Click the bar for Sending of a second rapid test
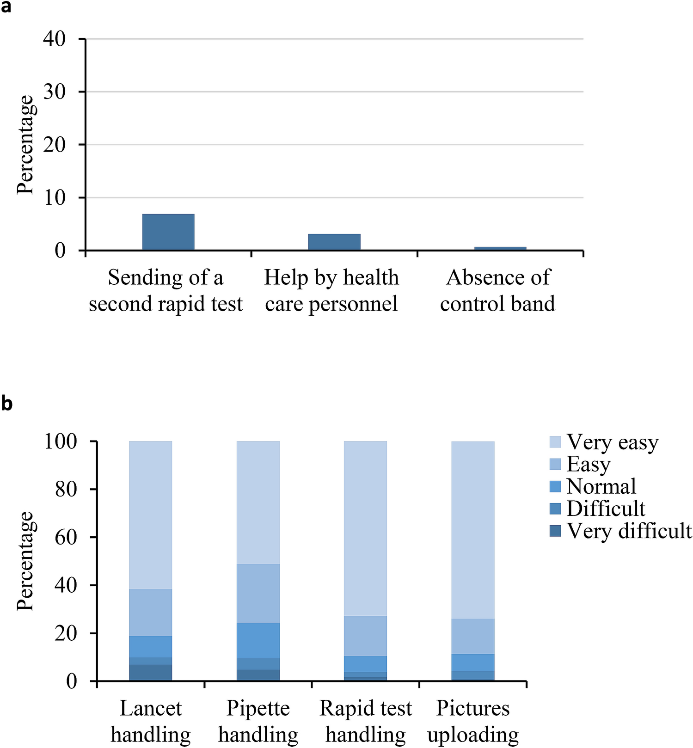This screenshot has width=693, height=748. (x=168, y=232)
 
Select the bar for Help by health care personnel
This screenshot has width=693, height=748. (x=334, y=242)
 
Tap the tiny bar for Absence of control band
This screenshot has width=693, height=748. (x=500, y=249)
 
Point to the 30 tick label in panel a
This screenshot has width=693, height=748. (x=55, y=92)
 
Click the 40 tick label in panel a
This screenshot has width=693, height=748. (x=55, y=39)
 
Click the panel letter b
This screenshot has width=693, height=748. (x=6, y=404)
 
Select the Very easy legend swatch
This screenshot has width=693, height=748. (x=555, y=441)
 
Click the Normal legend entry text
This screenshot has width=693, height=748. (x=601, y=486)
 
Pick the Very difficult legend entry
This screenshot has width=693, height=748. (x=629, y=531)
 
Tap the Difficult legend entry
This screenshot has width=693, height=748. (x=606, y=509)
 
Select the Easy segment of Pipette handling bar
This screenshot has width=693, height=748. (x=258, y=594)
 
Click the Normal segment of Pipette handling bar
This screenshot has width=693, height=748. (x=258, y=641)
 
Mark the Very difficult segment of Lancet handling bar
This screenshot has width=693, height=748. (x=150, y=673)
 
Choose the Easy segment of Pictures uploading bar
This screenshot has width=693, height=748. (x=473, y=636)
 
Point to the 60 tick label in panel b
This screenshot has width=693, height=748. (x=66, y=537)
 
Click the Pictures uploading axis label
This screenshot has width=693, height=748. (x=473, y=721)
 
